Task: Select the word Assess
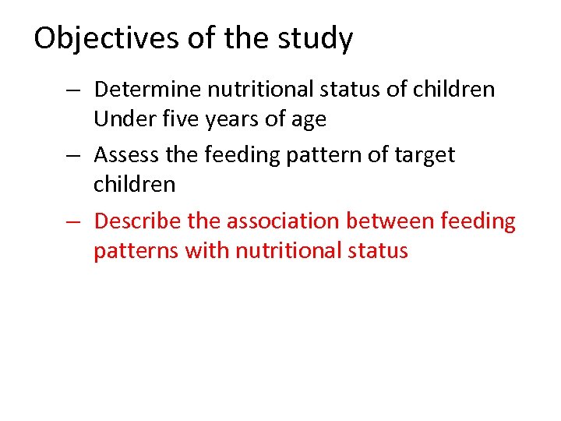pyautogui.click(x=127, y=155)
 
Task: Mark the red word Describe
pyautogui.click(x=138, y=221)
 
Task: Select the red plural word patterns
pyautogui.click(x=137, y=251)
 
